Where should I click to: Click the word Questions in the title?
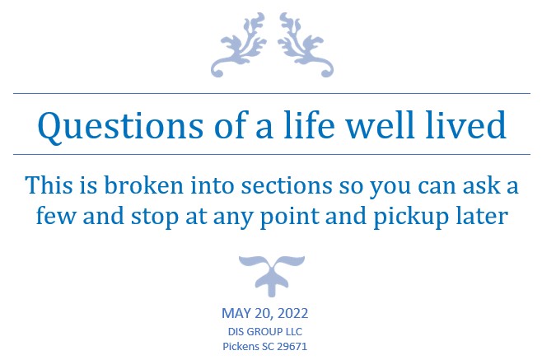[x=120, y=126]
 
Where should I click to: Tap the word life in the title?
[x=309, y=124]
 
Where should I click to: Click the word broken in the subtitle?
[x=143, y=185]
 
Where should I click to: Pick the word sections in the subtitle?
[x=287, y=185]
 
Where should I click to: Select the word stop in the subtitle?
[x=155, y=217]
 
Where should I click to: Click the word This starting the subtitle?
[x=49, y=185]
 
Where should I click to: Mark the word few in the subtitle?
[x=56, y=215]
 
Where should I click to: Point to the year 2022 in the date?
[x=292, y=313]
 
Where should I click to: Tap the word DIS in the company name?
[x=236, y=331]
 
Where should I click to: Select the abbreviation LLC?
[x=293, y=331]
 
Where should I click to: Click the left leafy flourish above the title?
[x=239, y=45]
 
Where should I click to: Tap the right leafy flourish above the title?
[x=306, y=45]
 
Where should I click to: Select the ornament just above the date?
[x=272, y=275]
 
